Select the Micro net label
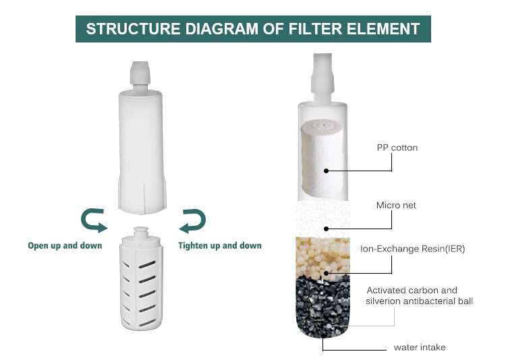tap(396, 205)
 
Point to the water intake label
tap(420, 348)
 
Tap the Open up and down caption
tap(65, 245)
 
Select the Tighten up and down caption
tap(220, 245)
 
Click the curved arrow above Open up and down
tap(93, 220)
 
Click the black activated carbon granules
tap(323, 303)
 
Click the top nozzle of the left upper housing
tap(140, 72)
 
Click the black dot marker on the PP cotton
tap(326, 171)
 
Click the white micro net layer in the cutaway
tap(322, 217)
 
